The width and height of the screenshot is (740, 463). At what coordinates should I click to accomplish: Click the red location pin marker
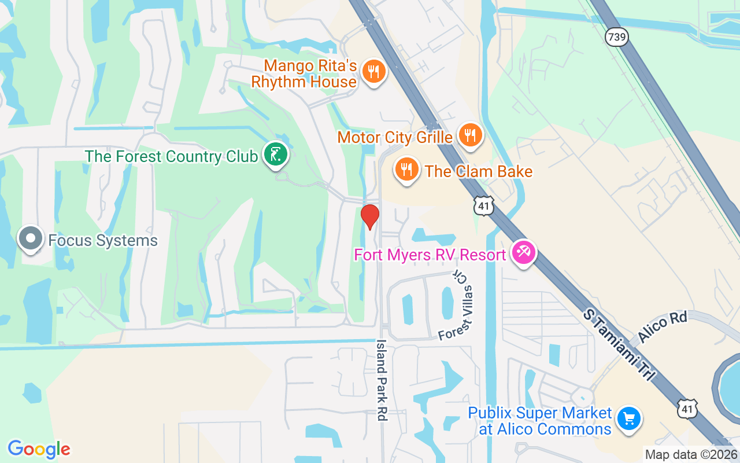click(370, 217)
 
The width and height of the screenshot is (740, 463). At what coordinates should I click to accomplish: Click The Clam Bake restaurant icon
click(408, 170)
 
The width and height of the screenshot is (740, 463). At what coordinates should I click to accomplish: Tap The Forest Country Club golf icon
click(276, 155)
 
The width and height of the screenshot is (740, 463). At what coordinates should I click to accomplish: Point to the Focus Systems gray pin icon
click(30, 238)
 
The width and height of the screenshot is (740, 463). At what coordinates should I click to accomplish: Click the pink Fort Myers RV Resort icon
click(524, 253)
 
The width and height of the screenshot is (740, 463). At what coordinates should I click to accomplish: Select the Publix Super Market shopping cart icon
click(628, 419)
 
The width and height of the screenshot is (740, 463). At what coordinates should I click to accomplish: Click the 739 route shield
click(616, 37)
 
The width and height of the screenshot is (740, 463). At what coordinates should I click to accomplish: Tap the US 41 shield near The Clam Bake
click(482, 205)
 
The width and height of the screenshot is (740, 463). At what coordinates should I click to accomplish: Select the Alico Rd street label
click(663, 329)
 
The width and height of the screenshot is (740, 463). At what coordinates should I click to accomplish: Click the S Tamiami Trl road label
click(619, 344)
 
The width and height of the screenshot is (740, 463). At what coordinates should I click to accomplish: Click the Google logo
click(39, 449)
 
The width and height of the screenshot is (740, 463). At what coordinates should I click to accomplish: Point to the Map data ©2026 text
click(690, 454)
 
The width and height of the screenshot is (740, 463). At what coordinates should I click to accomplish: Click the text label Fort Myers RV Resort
click(430, 255)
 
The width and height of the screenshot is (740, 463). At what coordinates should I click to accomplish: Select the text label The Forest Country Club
click(171, 156)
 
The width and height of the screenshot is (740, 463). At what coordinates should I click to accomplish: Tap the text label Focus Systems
click(103, 240)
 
